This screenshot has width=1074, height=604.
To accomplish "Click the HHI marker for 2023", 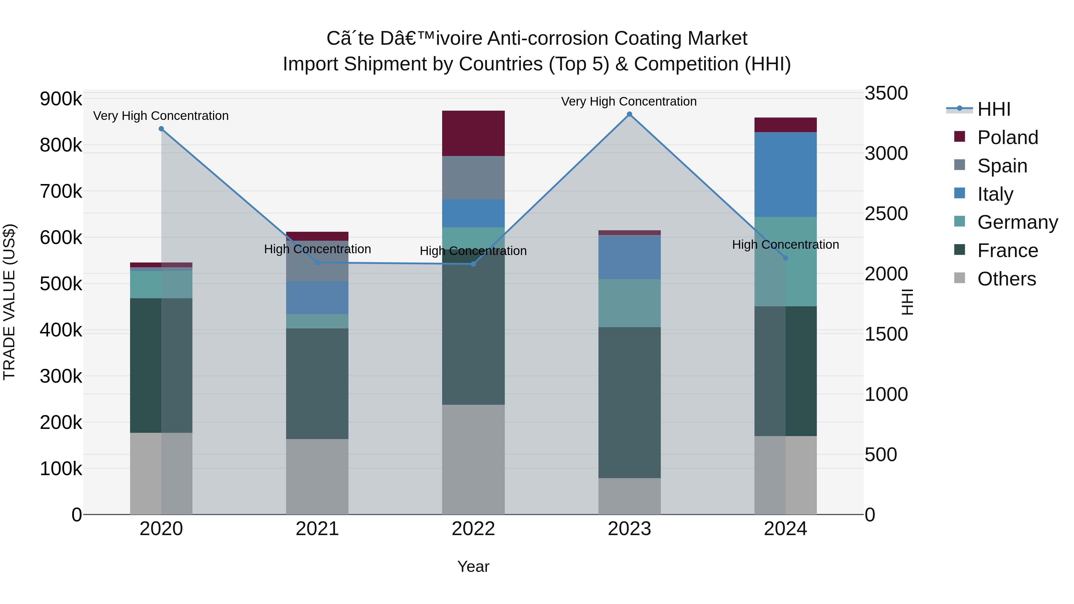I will point(629,114).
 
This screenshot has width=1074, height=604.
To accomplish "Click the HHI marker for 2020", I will point(161,129).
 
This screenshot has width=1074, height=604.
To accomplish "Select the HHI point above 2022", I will point(473,264).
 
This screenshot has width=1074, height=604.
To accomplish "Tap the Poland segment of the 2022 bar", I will point(473,133).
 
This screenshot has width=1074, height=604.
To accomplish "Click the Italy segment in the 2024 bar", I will point(786,174).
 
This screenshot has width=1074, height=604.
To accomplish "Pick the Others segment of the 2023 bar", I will point(629,496).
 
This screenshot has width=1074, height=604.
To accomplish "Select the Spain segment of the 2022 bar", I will point(473,178).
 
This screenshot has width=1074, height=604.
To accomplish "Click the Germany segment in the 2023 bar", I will point(629,303).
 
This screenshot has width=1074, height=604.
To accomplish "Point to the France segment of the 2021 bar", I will point(317,384).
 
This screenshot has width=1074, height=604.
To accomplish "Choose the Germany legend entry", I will point(1017,222).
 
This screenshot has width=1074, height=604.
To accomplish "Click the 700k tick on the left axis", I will point(61,192).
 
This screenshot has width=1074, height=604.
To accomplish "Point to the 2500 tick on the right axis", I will point(886,214).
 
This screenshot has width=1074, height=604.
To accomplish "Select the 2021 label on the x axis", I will point(317,529).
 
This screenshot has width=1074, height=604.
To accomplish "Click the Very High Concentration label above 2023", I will point(629,101).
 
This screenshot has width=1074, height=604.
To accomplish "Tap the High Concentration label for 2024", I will point(786,245).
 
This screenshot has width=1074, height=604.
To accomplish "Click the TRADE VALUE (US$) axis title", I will point(10,302).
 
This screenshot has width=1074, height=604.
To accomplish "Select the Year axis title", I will point(473,566).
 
